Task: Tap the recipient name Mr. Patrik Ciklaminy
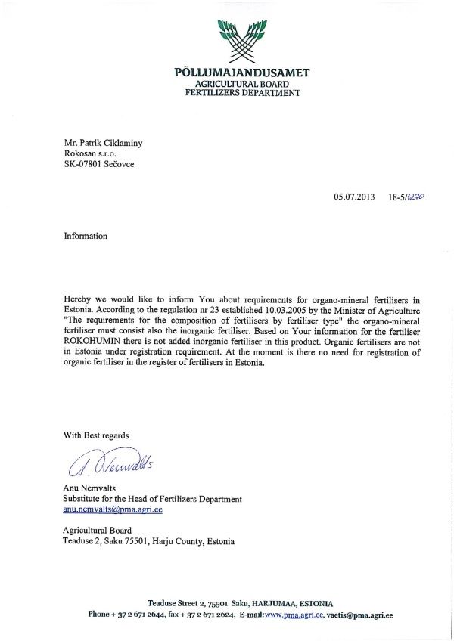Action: point(105,141)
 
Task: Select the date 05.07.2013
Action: point(354,197)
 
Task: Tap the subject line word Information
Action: point(86,236)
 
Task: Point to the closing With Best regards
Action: point(96,435)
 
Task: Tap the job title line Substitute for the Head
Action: point(152,499)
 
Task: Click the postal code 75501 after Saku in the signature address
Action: point(138,541)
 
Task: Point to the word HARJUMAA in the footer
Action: point(273,604)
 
